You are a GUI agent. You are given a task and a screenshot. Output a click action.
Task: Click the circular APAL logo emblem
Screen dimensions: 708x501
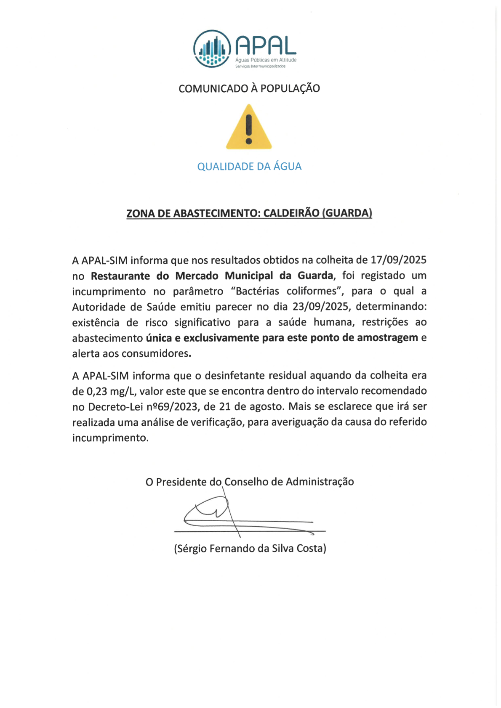click(x=212, y=49)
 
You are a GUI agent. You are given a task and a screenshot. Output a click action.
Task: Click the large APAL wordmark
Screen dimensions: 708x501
click(x=266, y=45)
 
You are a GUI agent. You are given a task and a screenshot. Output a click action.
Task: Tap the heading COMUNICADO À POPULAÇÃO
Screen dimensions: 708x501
click(x=249, y=89)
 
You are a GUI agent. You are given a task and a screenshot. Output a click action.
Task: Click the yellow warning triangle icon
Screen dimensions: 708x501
click(x=249, y=127)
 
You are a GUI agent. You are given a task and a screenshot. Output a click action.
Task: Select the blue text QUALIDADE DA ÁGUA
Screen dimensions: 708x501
click(x=249, y=167)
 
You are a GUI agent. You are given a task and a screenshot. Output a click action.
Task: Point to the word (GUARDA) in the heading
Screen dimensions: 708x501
click(x=347, y=213)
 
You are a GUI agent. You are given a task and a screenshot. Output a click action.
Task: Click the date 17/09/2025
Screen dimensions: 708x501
click(x=398, y=260)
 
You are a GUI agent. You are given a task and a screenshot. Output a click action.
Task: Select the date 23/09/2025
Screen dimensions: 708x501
click(x=321, y=307)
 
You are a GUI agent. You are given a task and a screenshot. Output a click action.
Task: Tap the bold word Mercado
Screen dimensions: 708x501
click(x=197, y=276)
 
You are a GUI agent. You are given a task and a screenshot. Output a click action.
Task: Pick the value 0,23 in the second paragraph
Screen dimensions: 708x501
click(x=97, y=391)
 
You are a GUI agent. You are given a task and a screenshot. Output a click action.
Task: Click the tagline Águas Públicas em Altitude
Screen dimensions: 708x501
click(x=266, y=60)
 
